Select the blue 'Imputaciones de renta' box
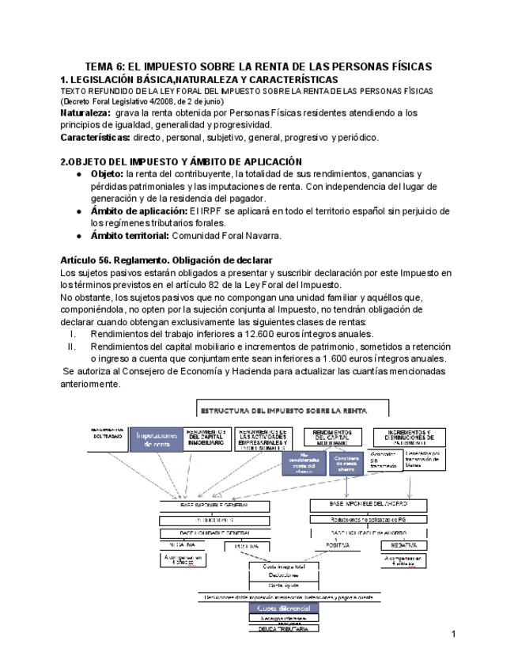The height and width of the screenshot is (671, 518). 157,440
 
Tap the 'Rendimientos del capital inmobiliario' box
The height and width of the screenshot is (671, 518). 208,437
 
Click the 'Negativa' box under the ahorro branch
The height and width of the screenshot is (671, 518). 404,545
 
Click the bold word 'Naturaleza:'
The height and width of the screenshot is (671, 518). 87,113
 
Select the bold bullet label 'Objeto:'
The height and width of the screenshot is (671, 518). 108,174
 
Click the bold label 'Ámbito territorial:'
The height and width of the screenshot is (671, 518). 130,235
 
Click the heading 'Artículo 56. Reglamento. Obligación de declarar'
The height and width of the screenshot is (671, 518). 166,260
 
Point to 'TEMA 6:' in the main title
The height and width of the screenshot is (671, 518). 109,67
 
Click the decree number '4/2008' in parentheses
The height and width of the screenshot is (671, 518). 164,102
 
